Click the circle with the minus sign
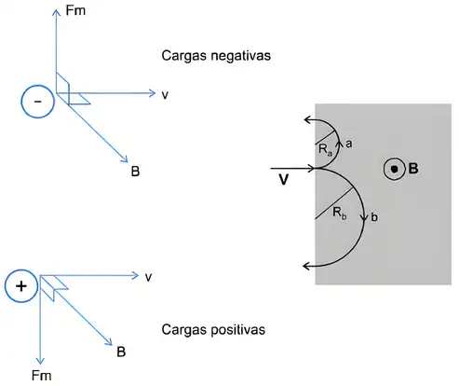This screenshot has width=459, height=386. [38, 102]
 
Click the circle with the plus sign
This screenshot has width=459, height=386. [21, 286]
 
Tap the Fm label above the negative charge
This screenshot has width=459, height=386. [75, 10]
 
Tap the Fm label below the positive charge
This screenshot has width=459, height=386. [41, 376]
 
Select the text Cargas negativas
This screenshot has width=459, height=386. [216, 56]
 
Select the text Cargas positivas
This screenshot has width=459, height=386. [213, 329]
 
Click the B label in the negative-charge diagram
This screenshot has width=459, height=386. [135, 172]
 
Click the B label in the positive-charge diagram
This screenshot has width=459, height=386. [121, 352]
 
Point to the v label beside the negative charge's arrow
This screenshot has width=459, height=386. [165, 95]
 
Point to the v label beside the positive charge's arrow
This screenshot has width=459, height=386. [149, 277]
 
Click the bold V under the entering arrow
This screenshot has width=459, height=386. [284, 180]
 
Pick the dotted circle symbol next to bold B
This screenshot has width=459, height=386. [395, 169]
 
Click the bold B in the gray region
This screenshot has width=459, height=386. [413, 169]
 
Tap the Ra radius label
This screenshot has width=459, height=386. [326, 150]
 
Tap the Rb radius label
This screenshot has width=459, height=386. [340, 214]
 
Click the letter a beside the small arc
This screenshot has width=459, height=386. [348, 144]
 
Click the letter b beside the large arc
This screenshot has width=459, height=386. [374, 217]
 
